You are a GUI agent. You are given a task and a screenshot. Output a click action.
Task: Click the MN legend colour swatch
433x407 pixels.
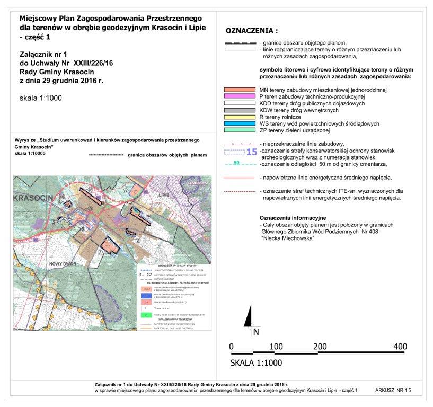[x=240, y=90]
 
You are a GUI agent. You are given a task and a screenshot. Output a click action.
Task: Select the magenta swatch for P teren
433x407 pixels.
[x=240, y=97]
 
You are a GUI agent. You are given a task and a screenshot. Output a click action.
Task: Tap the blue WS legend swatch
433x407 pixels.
[x=240, y=123]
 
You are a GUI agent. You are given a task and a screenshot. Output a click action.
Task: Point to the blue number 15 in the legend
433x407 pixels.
[x=252, y=152]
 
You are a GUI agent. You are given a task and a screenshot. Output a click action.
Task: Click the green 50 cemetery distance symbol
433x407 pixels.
[x=237, y=163]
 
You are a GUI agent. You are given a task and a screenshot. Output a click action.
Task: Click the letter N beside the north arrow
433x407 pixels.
[x=256, y=332]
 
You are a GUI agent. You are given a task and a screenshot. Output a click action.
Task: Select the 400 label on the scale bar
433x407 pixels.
[x=400, y=346]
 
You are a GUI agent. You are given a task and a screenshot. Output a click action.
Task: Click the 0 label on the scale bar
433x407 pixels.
[x=232, y=346]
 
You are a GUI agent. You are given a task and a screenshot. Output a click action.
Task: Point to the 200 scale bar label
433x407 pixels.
[x=319, y=346]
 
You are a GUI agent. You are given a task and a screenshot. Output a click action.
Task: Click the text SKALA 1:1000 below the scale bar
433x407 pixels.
[x=256, y=364]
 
